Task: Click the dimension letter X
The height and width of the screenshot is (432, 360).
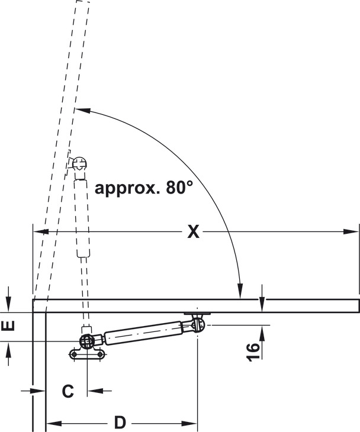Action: coord(193,231)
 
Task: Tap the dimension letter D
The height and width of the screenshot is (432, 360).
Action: coord(120,423)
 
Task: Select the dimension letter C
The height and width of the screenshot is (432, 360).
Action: coord(68,391)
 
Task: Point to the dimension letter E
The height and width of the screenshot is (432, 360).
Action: coord(8,326)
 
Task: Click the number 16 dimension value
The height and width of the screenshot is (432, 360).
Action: coord(253,352)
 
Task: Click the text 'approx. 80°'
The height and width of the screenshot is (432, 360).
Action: coord(144,188)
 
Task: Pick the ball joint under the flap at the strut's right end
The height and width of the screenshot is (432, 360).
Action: coord(198,324)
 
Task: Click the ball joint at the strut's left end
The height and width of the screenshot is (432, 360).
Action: coord(87,341)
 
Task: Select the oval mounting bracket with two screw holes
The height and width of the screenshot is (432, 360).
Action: coord(87,354)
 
